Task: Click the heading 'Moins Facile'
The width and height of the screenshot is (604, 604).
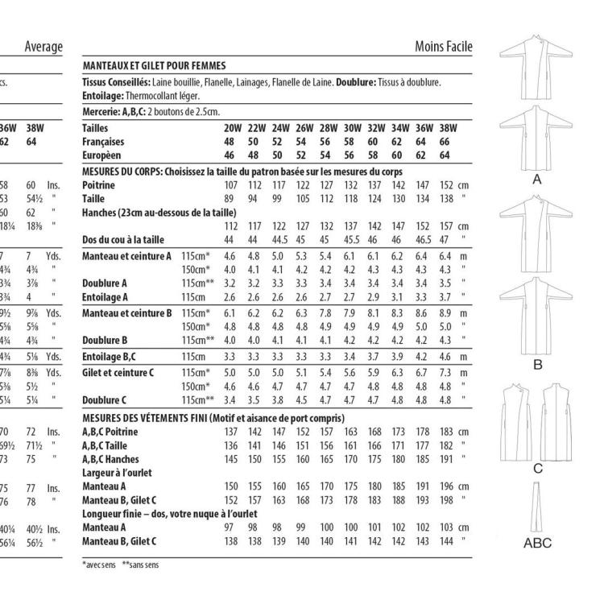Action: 443,49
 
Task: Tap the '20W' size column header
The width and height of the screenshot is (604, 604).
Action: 232,127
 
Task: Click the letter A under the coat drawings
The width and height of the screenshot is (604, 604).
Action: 536,181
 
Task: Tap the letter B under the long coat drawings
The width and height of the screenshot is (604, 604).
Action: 536,365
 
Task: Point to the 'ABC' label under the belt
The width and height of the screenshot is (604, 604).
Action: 537,543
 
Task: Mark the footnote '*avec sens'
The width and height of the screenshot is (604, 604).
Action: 97,564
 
